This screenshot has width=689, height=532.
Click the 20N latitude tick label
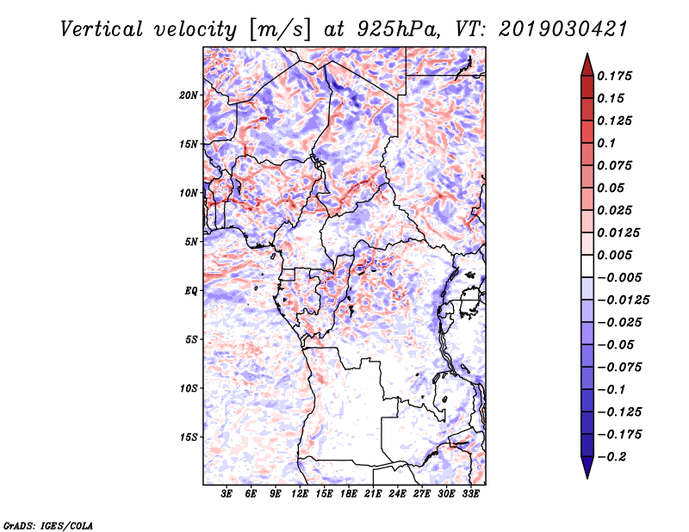[x=189, y=96]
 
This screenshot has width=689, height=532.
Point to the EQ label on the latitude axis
[x=190, y=291]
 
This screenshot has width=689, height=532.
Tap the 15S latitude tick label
[x=189, y=437]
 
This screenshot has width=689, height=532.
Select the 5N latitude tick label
[x=191, y=242]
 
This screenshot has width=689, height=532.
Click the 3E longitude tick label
[x=227, y=493]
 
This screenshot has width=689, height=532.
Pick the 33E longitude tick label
[x=470, y=493]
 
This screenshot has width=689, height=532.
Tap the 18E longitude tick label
[x=349, y=493]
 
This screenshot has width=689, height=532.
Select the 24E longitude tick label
[x=397, y=493]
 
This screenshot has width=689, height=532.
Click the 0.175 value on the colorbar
[x=614, y=76]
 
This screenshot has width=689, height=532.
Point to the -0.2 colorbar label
[x=611, y=457]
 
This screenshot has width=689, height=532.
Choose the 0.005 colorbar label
[x=614, y=255]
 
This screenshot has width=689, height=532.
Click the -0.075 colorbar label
[x=619, y=368]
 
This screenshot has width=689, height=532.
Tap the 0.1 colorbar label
[x=606, y=143]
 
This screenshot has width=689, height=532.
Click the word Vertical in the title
[x=102, y=29]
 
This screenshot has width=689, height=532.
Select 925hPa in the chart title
[x=397, y=29]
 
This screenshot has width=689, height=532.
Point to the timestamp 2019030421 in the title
[x=563, y=29]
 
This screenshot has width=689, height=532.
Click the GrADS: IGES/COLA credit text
[x=48, y=525]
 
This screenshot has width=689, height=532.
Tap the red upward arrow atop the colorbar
[x=587, y=65]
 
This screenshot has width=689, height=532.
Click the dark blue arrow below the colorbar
[x=587, y=467]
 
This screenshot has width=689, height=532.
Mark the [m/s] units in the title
[x=279, y=29]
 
